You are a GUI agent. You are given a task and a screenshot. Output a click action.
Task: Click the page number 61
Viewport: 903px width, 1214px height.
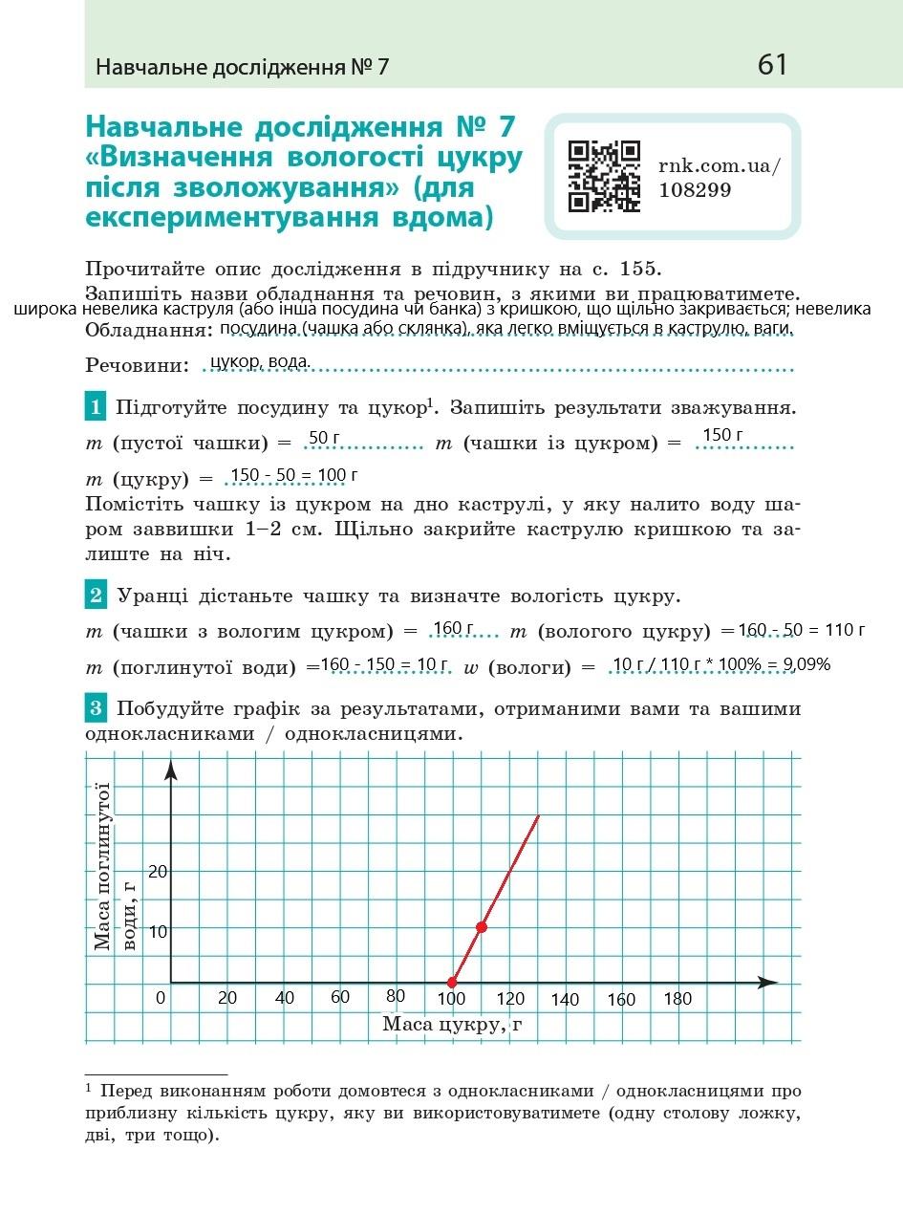(772, 65)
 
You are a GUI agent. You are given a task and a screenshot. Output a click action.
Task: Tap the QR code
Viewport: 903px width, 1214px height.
(604, 176)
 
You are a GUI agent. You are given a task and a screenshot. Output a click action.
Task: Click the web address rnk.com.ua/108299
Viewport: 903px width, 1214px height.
(719, 177)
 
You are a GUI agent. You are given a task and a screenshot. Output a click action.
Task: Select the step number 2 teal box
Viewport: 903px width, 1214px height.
(96, 596)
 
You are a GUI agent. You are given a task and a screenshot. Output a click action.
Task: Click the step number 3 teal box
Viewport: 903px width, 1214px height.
(96, 709)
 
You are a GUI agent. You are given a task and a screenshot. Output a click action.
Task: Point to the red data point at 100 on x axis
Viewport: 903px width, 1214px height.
(453, 982)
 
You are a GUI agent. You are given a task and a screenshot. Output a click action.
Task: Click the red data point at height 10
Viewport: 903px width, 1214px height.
(482, 927)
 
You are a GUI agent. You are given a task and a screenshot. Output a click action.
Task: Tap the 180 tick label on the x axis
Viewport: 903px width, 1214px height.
(677, 999)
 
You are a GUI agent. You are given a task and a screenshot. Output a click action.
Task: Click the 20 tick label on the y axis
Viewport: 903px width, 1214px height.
(158, 871)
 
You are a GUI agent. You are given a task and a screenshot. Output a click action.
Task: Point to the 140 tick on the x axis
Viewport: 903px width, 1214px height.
(565, 1000)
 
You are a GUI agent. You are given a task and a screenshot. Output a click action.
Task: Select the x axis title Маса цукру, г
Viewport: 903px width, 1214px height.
(453, 1025)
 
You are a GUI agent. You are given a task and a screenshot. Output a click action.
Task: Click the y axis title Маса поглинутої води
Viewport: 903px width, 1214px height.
(115, 866)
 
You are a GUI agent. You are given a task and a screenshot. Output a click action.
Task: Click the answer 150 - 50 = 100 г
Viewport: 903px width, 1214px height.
(293, 475)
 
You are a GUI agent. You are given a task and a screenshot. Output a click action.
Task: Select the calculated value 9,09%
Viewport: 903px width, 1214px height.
(806, 664)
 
